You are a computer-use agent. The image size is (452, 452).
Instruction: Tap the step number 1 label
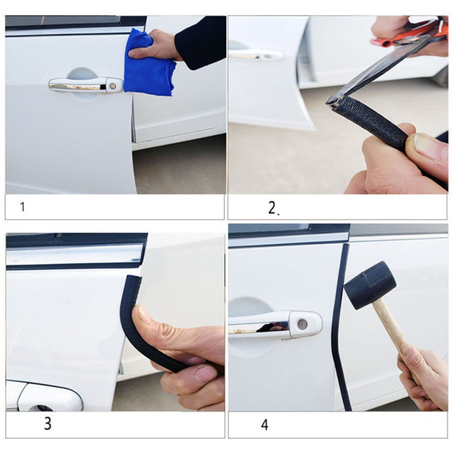click(23, 207)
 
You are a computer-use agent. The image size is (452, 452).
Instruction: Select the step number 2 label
click(273, 207)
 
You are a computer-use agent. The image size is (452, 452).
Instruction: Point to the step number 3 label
click(48, 424)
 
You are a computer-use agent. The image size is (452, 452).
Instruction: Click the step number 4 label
click(264, 424)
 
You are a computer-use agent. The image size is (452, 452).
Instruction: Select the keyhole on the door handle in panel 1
click(113, 86)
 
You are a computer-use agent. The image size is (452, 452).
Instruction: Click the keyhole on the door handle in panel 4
click(302, 324)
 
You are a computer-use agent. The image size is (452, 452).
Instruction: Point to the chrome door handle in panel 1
click(86, 85)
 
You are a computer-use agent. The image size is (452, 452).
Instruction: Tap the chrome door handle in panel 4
click(275, 325)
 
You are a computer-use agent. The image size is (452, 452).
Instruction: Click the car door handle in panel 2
click(255, 55)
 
